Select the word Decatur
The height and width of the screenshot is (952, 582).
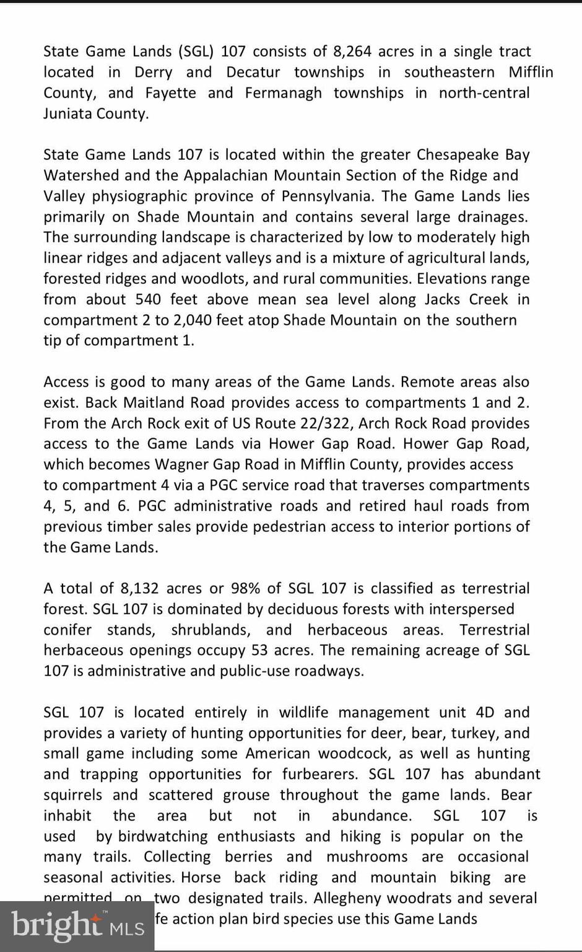[x=253, y=72]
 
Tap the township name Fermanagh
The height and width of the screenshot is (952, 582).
[x=283, y=93]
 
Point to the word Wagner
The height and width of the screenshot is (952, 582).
[x=181, y=464]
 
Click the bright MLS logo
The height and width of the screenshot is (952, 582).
[x=77, y=925]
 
